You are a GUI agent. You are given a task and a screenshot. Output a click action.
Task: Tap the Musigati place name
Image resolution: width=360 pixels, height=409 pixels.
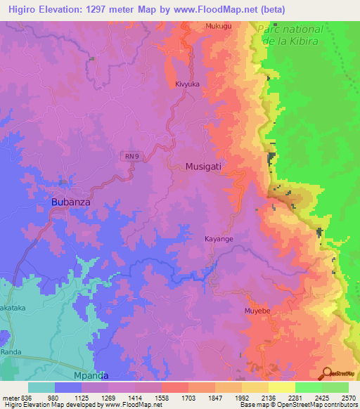pos(207,167)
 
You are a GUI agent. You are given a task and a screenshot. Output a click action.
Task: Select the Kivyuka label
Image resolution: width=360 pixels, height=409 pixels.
pos(188,84)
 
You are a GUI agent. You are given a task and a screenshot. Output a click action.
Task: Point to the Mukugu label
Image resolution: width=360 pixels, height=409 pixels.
pos(218,26)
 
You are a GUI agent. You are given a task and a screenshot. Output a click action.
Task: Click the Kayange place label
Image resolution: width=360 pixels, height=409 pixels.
pos(219,239)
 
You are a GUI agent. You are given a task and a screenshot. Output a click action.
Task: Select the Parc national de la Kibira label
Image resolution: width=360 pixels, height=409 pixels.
pos(290,35)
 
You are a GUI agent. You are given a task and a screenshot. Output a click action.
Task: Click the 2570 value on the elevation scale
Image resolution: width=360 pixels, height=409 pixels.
pos(347,397)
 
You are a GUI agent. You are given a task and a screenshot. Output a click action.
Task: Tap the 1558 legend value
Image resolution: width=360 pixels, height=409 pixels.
pos(170,397)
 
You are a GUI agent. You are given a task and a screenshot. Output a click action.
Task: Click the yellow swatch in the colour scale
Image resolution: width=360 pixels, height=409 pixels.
pos(282,387)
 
